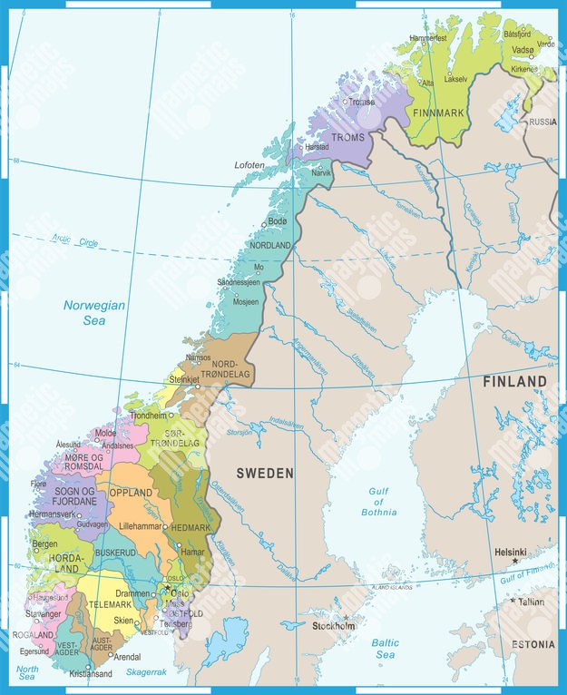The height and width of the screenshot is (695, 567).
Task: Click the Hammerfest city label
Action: click(428, 38)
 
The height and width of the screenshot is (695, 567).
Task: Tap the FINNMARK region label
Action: click(438, 113)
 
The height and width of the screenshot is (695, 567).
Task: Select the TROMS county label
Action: click(347, 136)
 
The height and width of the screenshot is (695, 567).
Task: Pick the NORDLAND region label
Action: click(270, 245)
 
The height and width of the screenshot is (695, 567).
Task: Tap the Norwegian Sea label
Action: click(93, 313)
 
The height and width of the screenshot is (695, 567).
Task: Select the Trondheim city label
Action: click(149, 416)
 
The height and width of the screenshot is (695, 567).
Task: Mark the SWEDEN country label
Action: click(265, 473)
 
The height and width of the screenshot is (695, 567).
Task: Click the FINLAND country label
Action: click(514, 381)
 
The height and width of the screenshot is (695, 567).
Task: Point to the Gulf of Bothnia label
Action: click(382, 502)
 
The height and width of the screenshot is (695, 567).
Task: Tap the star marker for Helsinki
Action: click(514, 562)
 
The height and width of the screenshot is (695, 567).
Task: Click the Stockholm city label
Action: click(333, 626)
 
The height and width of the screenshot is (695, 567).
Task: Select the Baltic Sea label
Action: click(384, 648)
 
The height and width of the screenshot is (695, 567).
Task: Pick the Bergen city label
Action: click(44, 544)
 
